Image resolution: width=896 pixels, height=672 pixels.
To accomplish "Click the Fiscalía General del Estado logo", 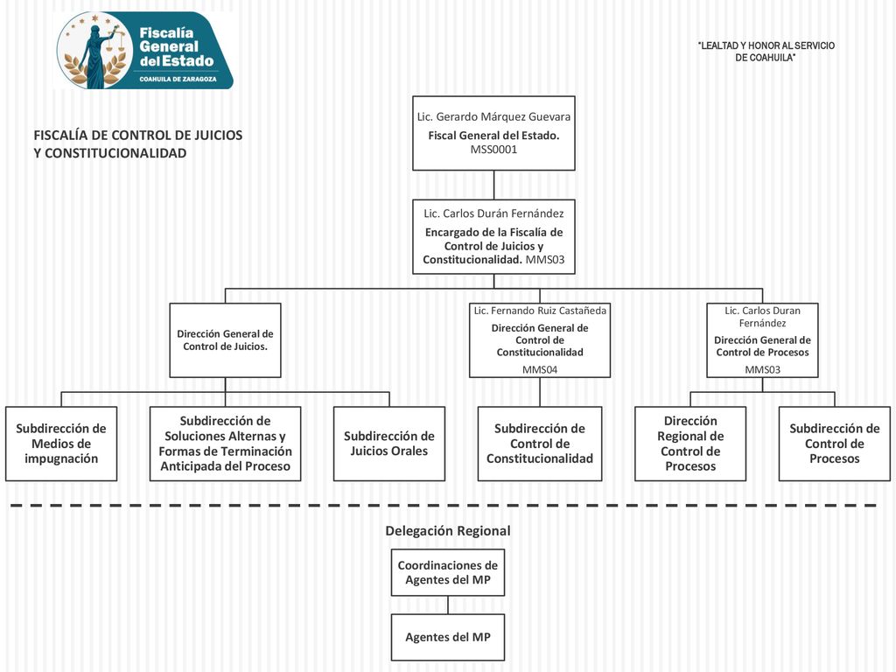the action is pos(145,50).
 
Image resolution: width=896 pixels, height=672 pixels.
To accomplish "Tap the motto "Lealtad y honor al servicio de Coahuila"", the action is pos(766,52).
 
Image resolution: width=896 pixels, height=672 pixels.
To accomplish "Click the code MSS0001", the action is pos(493,150).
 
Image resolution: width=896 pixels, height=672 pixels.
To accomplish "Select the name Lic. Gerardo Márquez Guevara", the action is pos(493,116).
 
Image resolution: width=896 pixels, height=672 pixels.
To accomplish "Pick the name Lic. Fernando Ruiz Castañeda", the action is pos(540,311).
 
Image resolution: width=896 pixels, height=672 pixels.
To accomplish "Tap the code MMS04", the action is pos(540,370).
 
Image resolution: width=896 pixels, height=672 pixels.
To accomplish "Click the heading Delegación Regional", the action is pos(448,531).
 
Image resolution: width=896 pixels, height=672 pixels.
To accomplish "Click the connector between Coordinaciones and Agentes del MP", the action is pos(448,605).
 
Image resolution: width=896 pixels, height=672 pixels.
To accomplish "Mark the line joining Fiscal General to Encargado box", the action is pos(493,185).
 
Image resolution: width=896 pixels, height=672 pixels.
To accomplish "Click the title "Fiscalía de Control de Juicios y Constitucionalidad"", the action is pos(137,144).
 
